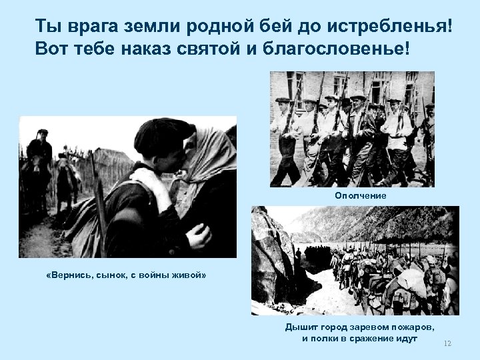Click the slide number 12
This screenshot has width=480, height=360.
(x=447, y=343)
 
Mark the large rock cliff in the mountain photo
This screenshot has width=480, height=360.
(x=273, y=260)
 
